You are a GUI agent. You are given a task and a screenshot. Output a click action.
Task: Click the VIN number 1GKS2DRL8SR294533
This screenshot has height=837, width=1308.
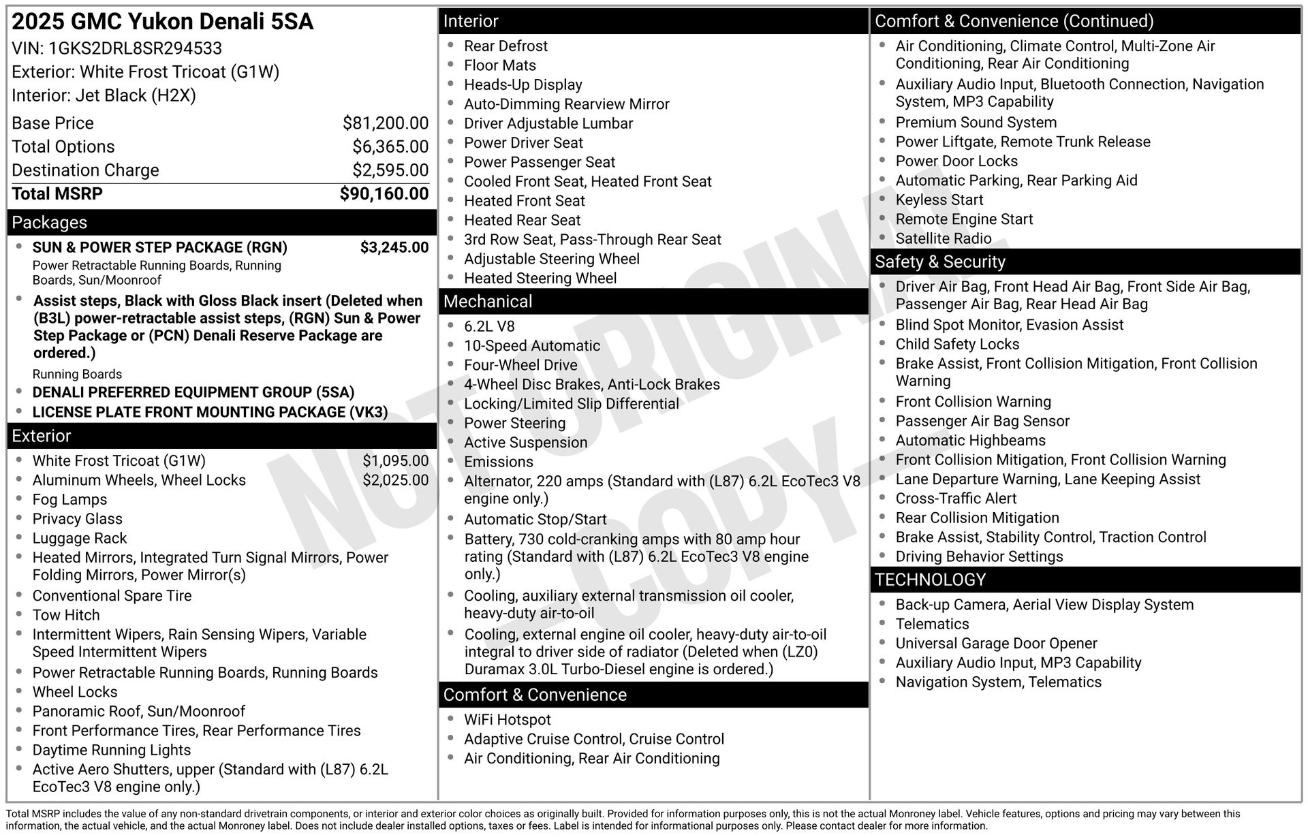pyautogui.click(x=135, y=48)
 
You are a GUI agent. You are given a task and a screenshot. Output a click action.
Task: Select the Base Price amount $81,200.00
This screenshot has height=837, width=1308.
pyautogui.click(x=386, y=123)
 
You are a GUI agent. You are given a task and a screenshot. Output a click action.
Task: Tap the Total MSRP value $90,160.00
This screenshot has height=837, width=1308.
pyautogui.click(x=384, y=194)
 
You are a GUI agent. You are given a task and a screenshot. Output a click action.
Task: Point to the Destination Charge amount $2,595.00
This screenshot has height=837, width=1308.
pyautogui.click(x=390, y=170)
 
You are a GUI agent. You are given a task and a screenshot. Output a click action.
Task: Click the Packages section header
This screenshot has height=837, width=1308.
pyautogui.click(x=50, y=223)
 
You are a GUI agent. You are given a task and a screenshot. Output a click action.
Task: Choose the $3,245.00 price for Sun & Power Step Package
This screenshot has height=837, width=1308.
pyautogui.click(x=394, y=247)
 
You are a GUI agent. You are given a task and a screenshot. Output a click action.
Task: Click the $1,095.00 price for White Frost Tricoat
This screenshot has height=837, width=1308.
pyautogui.click(x=396, y=461)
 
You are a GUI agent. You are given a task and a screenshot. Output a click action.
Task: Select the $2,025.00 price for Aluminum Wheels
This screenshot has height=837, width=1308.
pyautogui.click(x=396, y=480)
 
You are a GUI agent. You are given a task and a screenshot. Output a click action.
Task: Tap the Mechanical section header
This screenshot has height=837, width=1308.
pyautogui.click(x=488, y=302)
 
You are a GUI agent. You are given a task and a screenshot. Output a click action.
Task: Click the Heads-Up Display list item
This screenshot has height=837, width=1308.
pyautogui.click(x=523, y=85)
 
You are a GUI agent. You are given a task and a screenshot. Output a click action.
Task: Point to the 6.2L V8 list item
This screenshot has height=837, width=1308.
pyautogui.click(x=489, y=327)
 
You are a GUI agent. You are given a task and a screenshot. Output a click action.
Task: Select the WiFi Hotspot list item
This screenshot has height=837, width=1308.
pyautogui.click(x=507, y=720)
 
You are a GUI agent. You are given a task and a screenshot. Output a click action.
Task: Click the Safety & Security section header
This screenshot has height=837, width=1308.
pyautogui.click(x=939, y=262)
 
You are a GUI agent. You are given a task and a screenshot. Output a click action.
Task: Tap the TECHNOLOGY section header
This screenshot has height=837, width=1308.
pyautogui.click(x=930, y=580)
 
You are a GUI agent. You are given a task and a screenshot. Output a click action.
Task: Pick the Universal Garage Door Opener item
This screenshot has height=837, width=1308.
pyautogui.click(x=996, y=644)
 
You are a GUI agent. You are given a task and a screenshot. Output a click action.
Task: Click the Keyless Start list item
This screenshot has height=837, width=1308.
pyautogui.click(x=939, y=200)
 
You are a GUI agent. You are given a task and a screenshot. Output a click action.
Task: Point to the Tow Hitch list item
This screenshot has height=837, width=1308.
pyautogui.click(x=66, y=616)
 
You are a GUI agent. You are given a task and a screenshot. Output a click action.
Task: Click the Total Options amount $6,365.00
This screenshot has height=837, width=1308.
pyautogui.click(x=390, y=147)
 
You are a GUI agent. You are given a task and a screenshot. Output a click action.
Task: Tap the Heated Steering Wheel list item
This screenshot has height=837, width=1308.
pyautogui.click(x=540, y=279)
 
